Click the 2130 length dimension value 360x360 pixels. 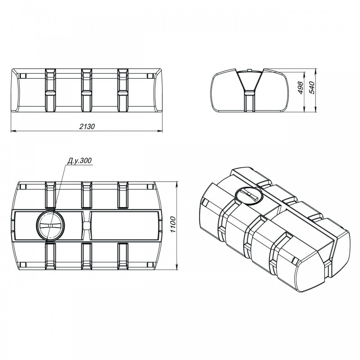tap(87, 126)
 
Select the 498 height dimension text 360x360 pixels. tap(300, 87)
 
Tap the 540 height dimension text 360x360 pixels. tap(312, 87)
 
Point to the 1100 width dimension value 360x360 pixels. tap(173, 224)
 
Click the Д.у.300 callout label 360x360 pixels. tap(80, 161)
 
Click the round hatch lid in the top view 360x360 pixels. tap(50, 225)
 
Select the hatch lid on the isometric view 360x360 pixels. tap(249, 195)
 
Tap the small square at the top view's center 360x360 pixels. tap(86, 225)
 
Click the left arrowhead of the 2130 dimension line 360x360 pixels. tap(14, 131)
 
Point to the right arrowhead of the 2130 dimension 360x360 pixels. tap(160, 131)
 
